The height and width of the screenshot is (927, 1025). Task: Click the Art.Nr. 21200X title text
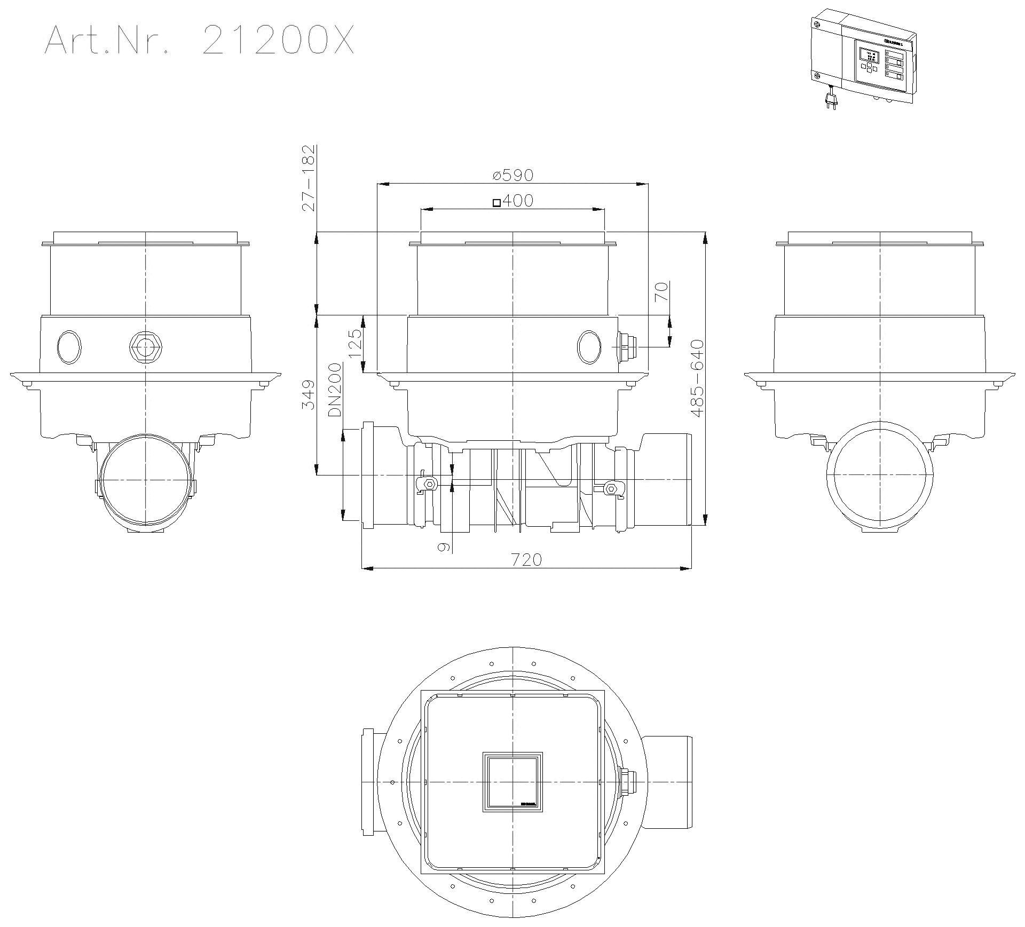point(199,40)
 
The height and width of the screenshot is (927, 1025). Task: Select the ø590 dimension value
point(512,175)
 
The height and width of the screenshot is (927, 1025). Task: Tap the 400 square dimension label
point(512,201)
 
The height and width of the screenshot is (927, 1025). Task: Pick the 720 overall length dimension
point(526,559)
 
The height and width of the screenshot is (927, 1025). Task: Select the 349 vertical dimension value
point(308,395)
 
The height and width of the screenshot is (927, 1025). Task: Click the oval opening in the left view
point(69,347)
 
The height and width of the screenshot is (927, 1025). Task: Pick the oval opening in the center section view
point(589,347)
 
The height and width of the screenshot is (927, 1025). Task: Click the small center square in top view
point(512,782)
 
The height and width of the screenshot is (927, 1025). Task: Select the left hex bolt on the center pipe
point(428,484)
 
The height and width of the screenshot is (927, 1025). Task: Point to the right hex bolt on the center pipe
point(612,488)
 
